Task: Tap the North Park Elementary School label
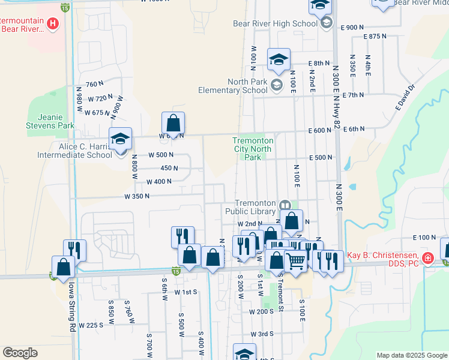[233, 86]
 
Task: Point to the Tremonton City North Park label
[253, 149]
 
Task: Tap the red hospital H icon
[53, 24]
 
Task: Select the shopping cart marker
[295, 262]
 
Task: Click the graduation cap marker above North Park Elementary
[279, 61]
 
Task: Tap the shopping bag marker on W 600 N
[173, 124]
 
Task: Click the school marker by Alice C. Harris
[120, 140]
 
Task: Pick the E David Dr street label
[405, 98]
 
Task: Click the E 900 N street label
[352, 28]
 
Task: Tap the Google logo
[20, 353]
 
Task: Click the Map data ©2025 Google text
[411, 355]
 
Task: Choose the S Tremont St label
[280, 297]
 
